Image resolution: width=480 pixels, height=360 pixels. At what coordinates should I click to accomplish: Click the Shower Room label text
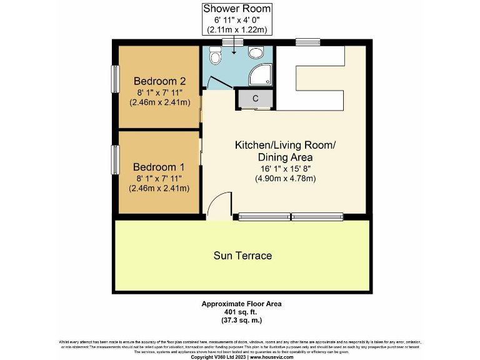click(x=236, y=8)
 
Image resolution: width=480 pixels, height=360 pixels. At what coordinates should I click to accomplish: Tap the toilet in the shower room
click(x=216, y=57)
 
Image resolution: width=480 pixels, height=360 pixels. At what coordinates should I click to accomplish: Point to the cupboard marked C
click(x=255, y=98)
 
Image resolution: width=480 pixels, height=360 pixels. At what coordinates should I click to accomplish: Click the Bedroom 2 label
click(x=160, y=81)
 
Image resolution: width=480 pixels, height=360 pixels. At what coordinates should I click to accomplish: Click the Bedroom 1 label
click(x=159, y=167)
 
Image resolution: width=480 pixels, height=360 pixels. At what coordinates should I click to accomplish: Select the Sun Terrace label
click(x=242, y=256)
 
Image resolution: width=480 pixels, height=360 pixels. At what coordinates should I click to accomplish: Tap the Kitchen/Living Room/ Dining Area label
click(x=284, y=151)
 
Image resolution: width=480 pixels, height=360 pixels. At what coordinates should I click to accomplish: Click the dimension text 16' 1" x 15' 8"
click(x=284, y=168)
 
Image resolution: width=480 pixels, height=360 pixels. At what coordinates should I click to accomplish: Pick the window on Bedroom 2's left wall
click(x=115, y=79)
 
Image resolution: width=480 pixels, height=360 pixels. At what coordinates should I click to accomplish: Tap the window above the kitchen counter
click(x=307, y=42)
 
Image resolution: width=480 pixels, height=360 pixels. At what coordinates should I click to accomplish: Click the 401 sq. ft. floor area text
click(x=241, y=312)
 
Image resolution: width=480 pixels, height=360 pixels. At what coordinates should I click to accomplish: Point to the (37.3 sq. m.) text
click(x=241, y=320)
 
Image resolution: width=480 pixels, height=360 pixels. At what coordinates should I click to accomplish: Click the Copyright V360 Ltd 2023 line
click(x=241, y=356)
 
